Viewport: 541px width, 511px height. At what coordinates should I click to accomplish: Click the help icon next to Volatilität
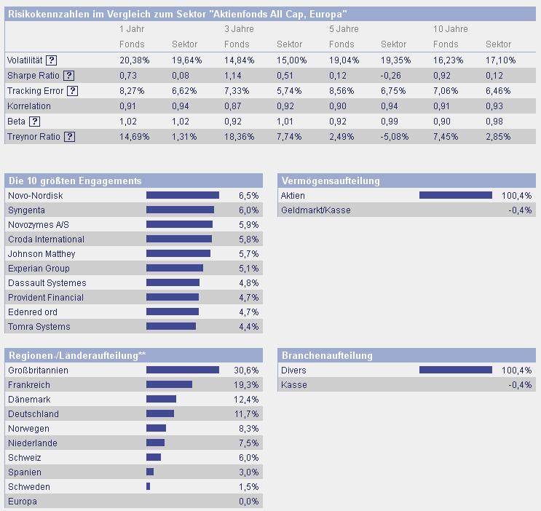(x=52, y=60)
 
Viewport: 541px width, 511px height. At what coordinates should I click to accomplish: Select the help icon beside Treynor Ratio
(x=70, y=136)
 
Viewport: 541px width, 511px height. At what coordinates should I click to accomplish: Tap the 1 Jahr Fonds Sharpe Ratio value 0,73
(x=129, y=76)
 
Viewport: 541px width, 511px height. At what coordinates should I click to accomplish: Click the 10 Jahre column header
(x=450, y=29)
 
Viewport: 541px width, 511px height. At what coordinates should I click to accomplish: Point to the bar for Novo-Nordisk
(x=183, y=195)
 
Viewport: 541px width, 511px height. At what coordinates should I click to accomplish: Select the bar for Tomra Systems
(x=171, y=326)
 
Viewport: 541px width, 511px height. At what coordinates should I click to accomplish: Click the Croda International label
(x=46, y=239)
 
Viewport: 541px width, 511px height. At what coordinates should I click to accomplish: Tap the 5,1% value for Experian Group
(x=248, y=269)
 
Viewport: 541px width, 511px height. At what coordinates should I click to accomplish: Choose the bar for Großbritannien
(x=183, y=370)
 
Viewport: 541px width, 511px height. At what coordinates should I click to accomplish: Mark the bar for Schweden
(x=148, y=486)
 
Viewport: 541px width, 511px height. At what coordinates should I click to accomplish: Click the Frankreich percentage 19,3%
(x=246, y=385)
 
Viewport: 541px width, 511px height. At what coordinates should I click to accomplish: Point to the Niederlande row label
(x=32, y=443)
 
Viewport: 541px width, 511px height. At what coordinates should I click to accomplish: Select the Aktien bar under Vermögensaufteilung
(x=456, y=195)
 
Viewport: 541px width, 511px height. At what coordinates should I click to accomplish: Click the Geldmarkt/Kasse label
(x=315, y=210)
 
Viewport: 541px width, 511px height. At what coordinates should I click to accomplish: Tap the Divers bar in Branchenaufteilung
(x=456, y=370)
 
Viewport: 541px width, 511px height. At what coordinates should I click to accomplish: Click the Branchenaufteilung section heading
(x=326, y=355)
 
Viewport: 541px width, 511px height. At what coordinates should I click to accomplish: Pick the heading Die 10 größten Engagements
(x=74, y=181)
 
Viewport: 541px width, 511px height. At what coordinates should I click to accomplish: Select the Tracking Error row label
(x=35, y=91)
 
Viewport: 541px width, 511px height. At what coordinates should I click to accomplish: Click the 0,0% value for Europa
(x=248, y=502)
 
